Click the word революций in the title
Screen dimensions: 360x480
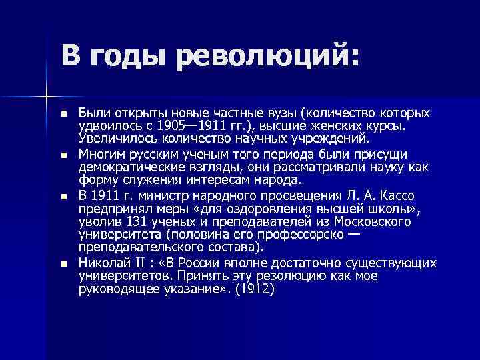tap(267, 54)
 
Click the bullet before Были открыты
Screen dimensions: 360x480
tap(63, 114)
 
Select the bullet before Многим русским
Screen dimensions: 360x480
tap(63, 155)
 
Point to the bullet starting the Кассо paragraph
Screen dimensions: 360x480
tap(63, 197)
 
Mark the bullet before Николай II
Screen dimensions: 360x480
tap(63, 264)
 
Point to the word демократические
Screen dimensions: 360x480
tap(127, 167)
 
